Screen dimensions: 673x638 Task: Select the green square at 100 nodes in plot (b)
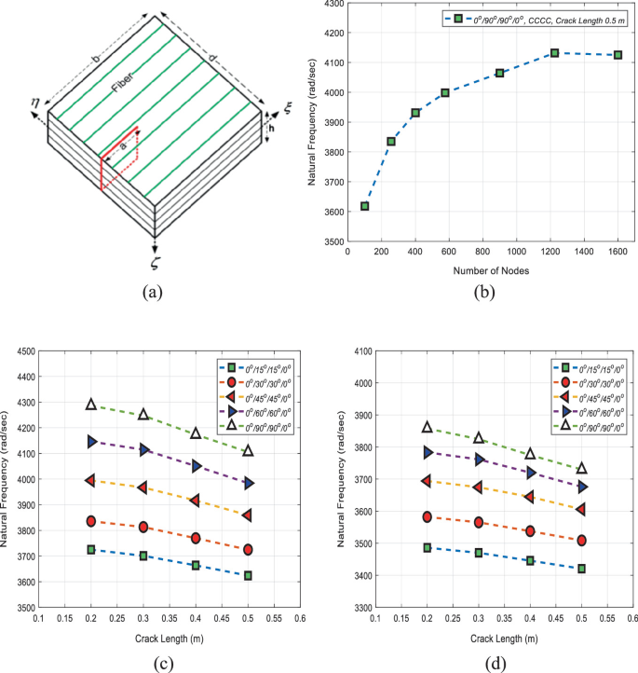click(x=365, y=206)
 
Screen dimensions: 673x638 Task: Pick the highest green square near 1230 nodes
click(x=554, y=53)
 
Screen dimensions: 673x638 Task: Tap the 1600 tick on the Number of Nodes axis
click(x=617, y=252)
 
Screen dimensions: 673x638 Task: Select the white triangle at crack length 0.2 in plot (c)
click(x=91, y=405)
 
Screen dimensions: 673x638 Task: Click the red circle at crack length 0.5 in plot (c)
click(x=248, y=550)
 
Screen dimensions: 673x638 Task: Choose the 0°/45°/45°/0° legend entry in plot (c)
click(x=259, y=394)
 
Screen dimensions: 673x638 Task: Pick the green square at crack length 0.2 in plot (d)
click(x=428, y=548)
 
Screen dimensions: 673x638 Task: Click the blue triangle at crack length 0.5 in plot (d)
click(x=582, y=487)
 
